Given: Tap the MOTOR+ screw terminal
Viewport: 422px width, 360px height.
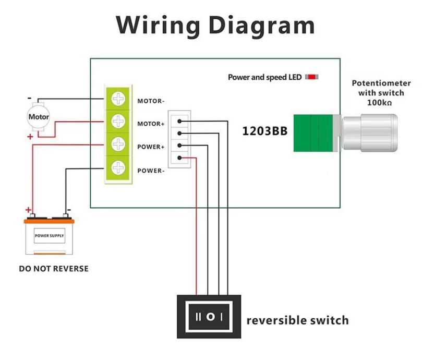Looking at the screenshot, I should coord(119,122).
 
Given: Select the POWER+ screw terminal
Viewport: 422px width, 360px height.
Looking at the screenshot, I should coord(119,144).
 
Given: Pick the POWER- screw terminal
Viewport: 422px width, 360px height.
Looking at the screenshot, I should coord(119,167).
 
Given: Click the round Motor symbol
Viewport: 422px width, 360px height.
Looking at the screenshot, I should coord(39,117).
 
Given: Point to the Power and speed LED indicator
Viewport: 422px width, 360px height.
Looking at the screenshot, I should coord(312,77).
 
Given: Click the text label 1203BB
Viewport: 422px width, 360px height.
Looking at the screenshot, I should coord(264,130).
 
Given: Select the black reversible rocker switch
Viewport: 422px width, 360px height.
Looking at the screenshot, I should coord(210,316).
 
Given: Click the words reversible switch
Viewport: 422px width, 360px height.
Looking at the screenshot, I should coord(297,320).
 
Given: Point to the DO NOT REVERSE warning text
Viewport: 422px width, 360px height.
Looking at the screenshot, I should coord(54,269).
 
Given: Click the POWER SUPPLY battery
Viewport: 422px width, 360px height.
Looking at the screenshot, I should coord(50,236).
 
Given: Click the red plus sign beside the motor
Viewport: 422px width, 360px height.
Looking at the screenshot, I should coord(30,137).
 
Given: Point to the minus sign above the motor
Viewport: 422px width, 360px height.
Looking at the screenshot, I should coord(30,98).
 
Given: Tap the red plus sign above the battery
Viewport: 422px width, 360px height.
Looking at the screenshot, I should coord(29,210).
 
